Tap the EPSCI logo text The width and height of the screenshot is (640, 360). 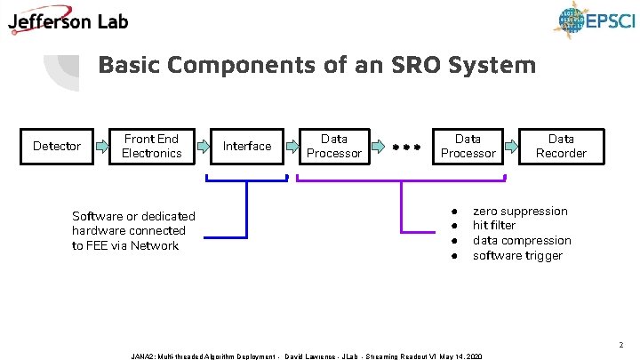(609, 20)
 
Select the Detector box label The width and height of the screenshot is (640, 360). (57, 146)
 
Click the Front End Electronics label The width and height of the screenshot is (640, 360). (151, 146)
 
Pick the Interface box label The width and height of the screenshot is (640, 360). (247, 146)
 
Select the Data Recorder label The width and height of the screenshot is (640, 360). (561, 146)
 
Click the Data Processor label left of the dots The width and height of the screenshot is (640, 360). (334, 146)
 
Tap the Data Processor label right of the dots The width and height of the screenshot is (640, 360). (468, 146)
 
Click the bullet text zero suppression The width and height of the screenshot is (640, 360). (520, 211)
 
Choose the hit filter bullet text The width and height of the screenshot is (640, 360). (494, 226)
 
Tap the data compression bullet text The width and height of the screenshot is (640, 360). (522, 241)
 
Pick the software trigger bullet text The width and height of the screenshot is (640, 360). (517, 256)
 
